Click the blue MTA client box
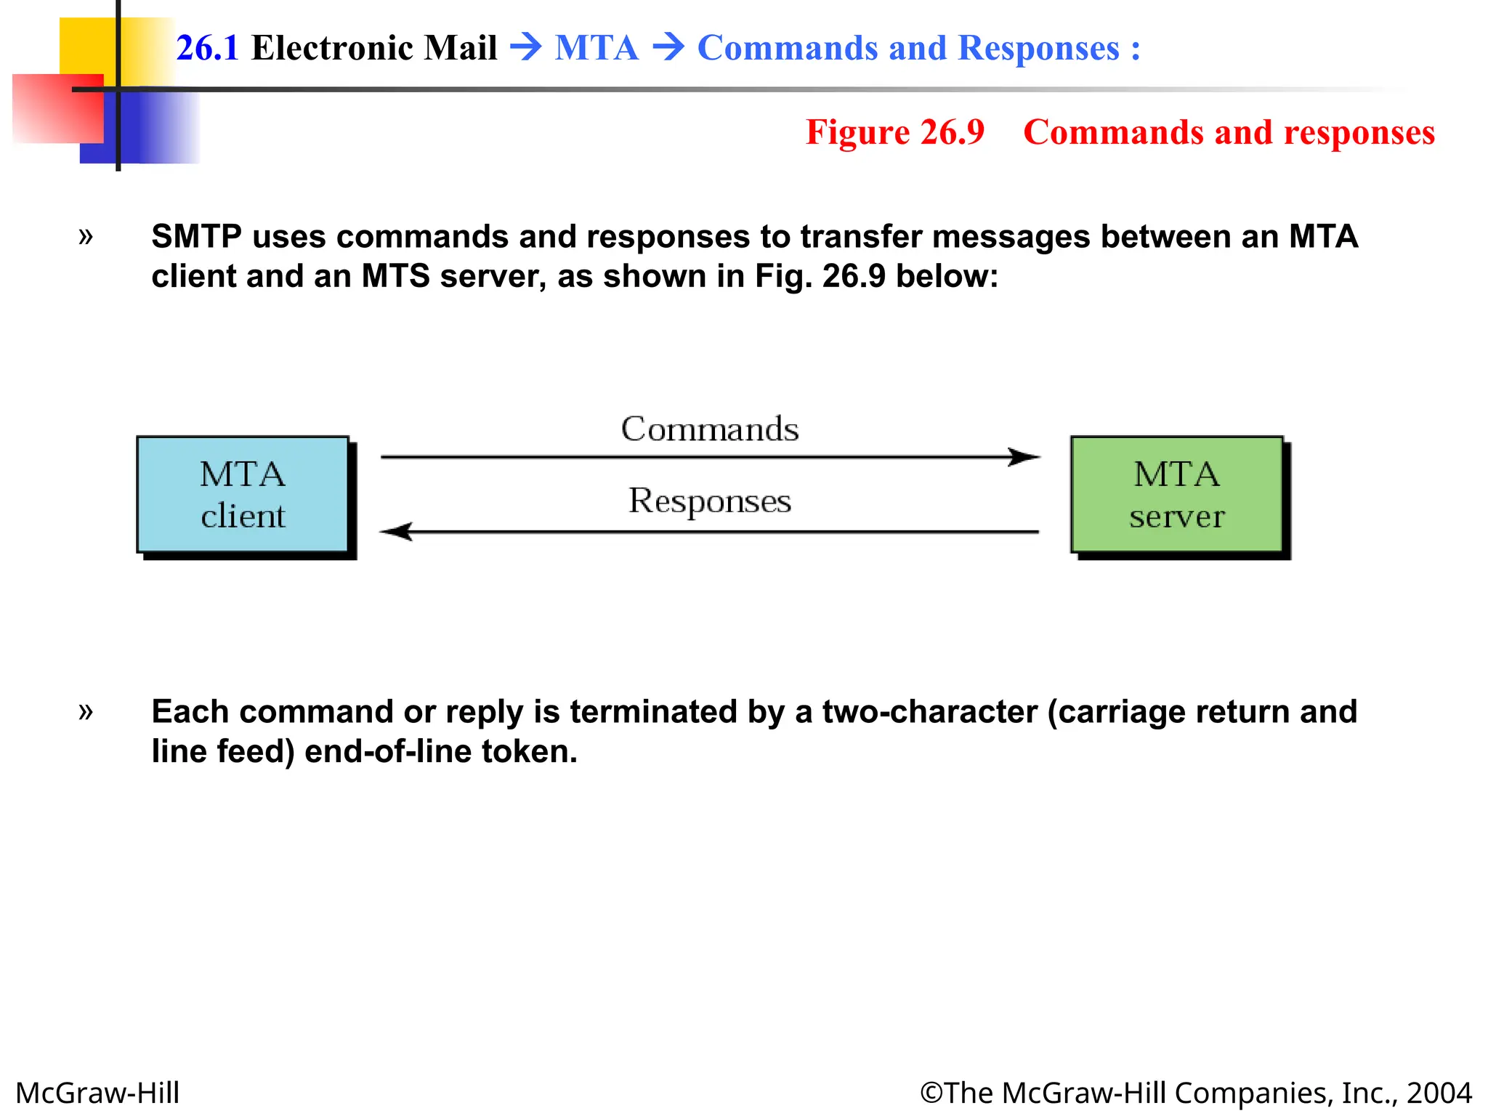point(243,495)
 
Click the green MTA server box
point(1176,495)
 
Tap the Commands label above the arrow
point(709,429)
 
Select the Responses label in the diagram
point(709,501)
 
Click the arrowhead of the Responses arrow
point(396,532)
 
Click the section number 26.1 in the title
point(207,48)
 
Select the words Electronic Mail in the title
point(373,48)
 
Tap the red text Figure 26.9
point(894,132)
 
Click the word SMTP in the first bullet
point(196,237)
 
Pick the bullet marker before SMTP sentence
point(86,236)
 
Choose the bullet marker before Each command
point(86,711)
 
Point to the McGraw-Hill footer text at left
point(97,1093)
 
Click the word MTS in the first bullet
point(395,276)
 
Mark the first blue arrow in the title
point(526,48)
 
